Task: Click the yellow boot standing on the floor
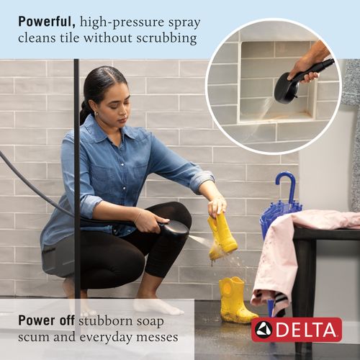pos(235,301)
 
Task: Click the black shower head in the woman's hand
pos(173,229)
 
